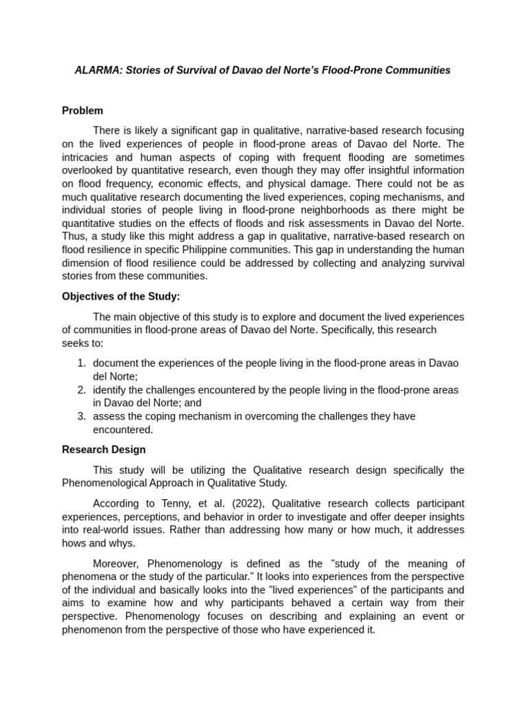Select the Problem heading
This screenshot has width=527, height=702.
coord(82,110)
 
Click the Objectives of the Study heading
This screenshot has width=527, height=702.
coord(121,296)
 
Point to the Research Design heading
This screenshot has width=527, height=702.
coord(104,450)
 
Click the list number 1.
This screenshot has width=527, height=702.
coord(81,363)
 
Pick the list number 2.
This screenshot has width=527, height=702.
coord(81,389)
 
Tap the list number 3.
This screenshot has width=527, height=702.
coord(81,416)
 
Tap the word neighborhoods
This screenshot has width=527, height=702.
coord(326,209)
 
